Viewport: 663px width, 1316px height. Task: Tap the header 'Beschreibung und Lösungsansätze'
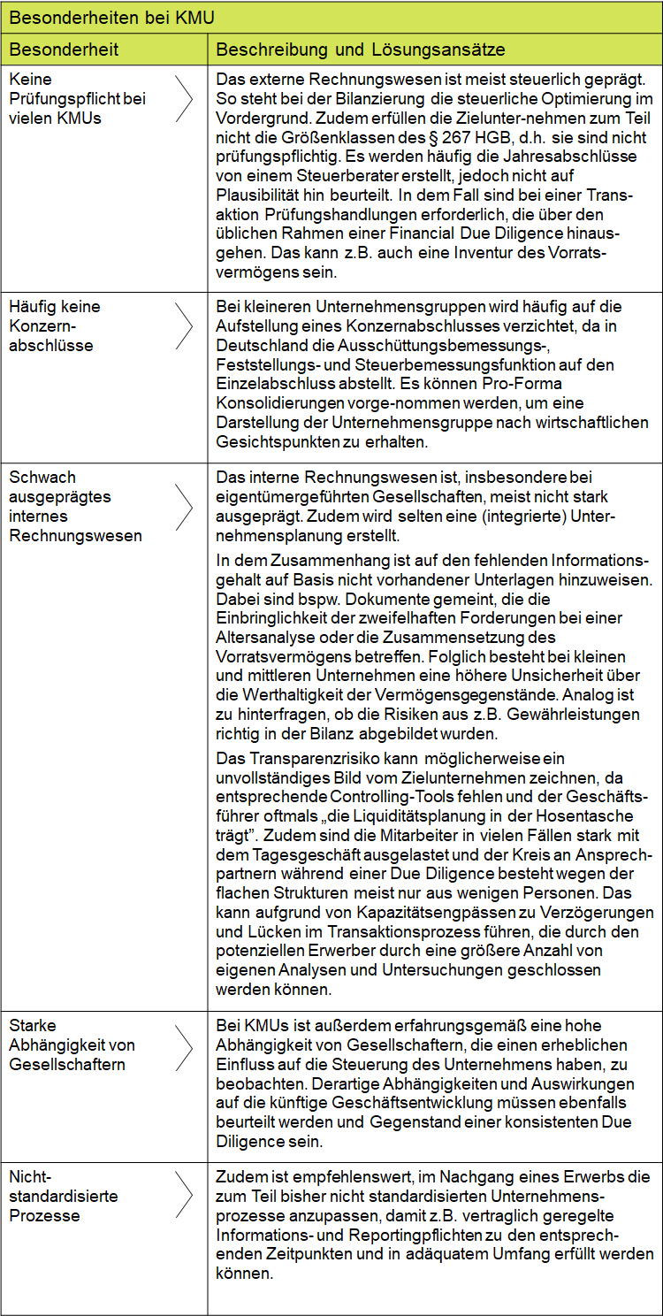coord(361,49)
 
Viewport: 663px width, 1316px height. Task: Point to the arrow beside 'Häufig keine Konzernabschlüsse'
coord(184,326)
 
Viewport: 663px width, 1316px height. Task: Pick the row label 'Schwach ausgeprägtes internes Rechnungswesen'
coord(75,506)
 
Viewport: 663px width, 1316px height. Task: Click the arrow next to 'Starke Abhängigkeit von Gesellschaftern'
coord(184,1045)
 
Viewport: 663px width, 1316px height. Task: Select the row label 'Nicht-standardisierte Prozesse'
coord(64,1196)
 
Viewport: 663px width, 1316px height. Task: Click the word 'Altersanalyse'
coord(262,637)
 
